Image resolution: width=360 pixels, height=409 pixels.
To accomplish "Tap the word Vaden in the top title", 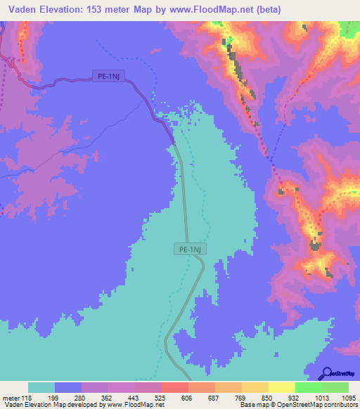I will [x=23, y=10].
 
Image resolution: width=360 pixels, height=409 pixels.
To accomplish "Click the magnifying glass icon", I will [x=328, y=373].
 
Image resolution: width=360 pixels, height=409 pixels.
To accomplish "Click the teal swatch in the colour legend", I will [x=41, y=387].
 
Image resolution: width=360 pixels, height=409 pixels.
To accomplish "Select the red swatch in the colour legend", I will [x=175, y=387].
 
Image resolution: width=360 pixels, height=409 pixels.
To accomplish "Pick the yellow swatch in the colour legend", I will [x=255, y=387].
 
